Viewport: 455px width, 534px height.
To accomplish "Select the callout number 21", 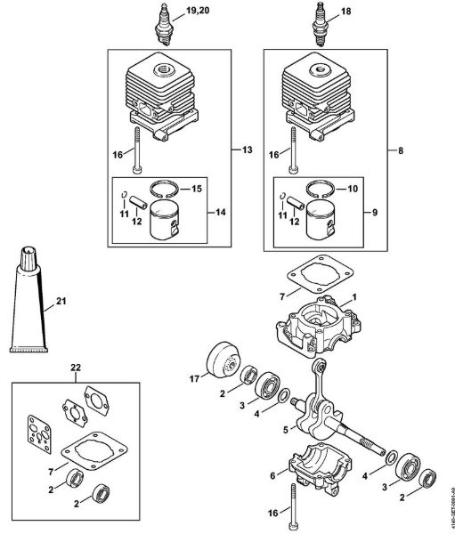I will [x=61, y=303].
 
